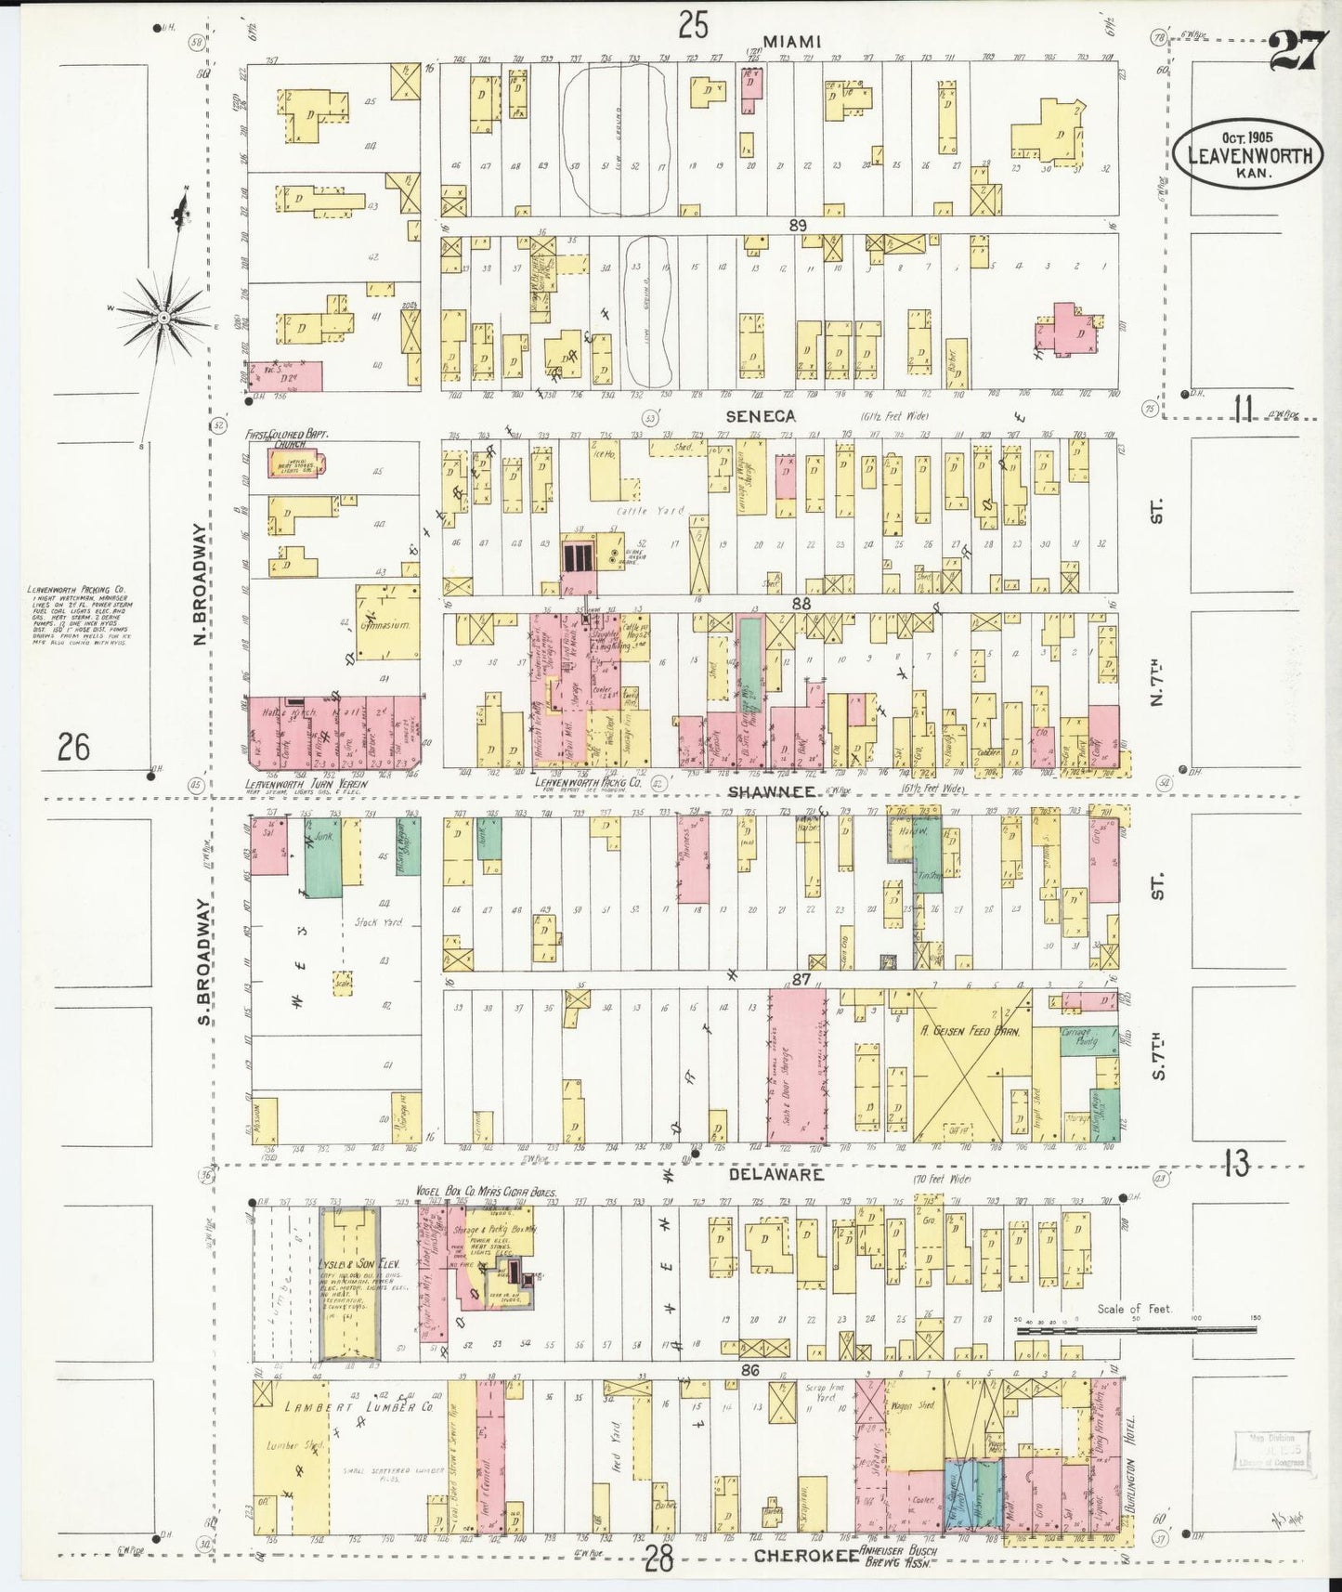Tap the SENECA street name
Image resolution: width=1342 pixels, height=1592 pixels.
pyautogui.click(x=761, y=417)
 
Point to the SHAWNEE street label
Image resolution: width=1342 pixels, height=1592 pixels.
pyautogui.click(x=771, y=791)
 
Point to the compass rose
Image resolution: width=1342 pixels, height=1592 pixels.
pyautogui.click(x=163, y=317)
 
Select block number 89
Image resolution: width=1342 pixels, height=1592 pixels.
pyautogui.click(x=797, y=225)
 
